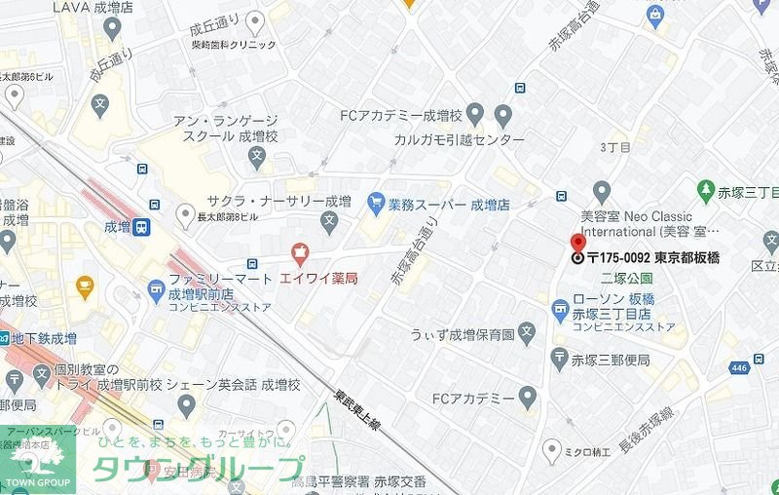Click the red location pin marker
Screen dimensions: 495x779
[x=576, y=244]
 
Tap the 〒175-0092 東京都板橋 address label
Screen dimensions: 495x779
[x=649, y=259]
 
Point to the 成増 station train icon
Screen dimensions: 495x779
[x=142, y=227]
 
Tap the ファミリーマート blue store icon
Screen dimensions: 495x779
[x=155, y=287]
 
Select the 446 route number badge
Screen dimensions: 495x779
[x=739, y=367]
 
